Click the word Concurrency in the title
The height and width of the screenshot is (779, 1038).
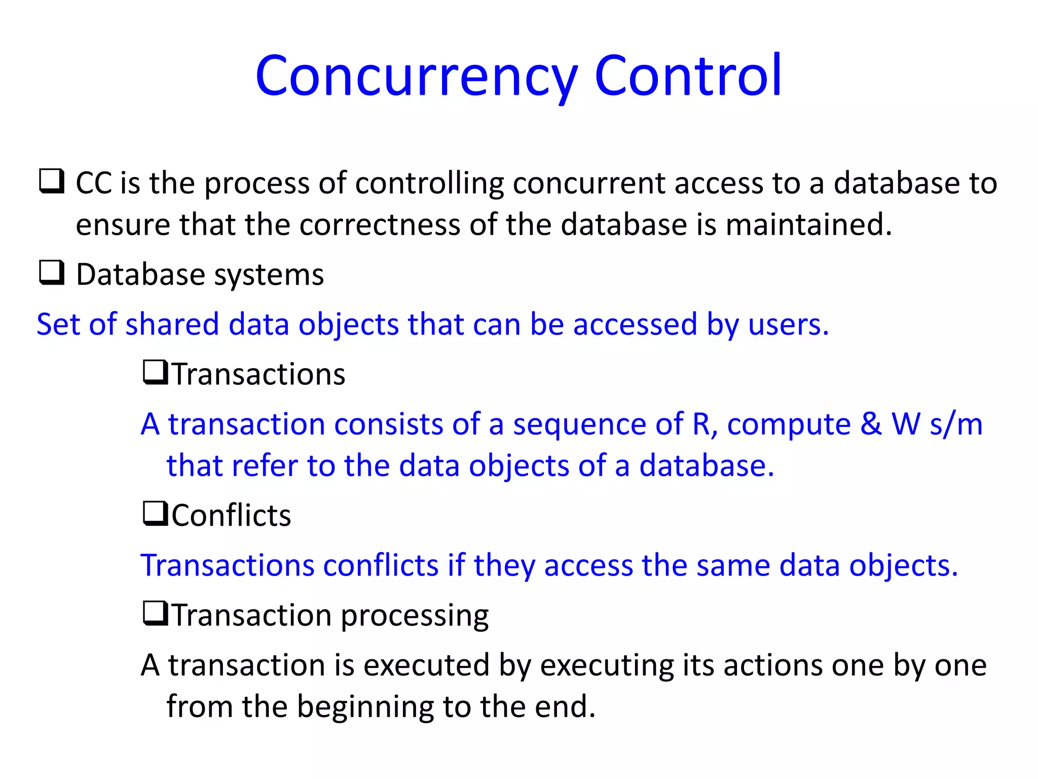(x=416, y=76)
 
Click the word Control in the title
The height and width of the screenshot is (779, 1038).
(x=688, y=76)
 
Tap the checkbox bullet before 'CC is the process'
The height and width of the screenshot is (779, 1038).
(x=52, y=182)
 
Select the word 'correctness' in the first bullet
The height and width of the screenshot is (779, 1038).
(x=380, y=225)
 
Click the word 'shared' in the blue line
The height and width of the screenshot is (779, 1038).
(x=172, y=325)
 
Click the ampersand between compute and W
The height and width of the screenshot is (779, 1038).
(x=871, y=424)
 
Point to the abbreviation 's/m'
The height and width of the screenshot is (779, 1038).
(x=956, y=424)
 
